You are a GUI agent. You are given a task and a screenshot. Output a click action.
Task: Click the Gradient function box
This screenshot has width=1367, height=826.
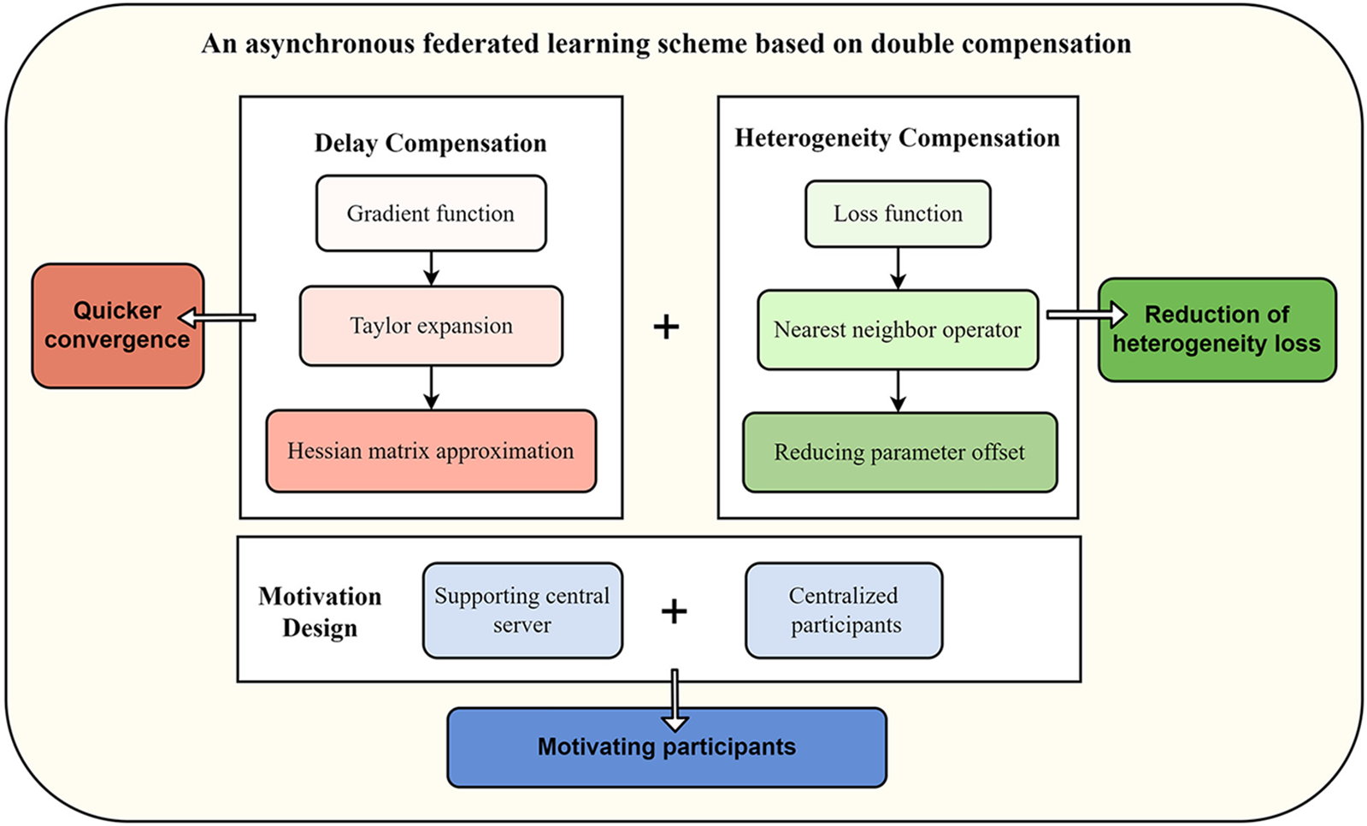pyautogui.click(x=431, y=214)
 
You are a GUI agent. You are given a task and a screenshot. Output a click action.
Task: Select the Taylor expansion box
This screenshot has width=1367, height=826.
pyautogui.click(x=431, y=326)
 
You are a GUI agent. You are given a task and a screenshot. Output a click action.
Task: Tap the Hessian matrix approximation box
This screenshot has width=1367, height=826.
pyautogui.click(x=431, y=451)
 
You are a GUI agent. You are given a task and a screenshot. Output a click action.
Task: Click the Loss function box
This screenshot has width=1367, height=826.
pyautogui.click(x=898, y=214)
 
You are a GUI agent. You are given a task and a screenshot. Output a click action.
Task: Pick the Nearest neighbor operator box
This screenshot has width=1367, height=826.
pyautogui.click(x=898, y=330)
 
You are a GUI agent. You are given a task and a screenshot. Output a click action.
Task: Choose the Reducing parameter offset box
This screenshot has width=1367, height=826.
pyautogui.click(x=899, y=452)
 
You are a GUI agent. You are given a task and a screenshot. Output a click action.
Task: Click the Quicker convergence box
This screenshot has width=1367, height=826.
pyautogui.click(x=117, y=325)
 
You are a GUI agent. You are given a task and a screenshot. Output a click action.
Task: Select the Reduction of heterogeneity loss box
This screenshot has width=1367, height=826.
pyautogui.click(x=1217, y=329)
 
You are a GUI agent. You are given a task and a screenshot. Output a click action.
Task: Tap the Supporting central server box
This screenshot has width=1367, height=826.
pyautogui.click(x=522, y=610)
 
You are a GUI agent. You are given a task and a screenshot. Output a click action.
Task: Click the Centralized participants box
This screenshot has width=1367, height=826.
pyautogui.click(x=844, y=610)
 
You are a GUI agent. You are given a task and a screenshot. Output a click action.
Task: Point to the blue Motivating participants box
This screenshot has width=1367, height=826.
pyautogui.click(x=667, y=747)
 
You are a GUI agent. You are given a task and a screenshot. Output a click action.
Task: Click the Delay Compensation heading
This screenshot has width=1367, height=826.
pyautogui.click(x=430, y=143)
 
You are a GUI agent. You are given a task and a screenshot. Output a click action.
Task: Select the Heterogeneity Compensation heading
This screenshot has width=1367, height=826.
pyautogui.click(x=897, y=138)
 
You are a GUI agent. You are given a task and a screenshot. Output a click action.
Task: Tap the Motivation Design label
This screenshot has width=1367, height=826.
pyautogui.click(x=320, y=611)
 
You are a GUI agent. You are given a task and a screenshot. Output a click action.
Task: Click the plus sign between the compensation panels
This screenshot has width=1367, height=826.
pyautogui.click(x=666, y=327)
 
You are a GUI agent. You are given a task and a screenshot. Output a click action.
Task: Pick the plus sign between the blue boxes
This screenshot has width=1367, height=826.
pyautogui.click(x=674, y=611)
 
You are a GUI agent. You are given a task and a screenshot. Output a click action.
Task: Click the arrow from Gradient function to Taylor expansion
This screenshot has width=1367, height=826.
pyautogui.click(x=431, y=268)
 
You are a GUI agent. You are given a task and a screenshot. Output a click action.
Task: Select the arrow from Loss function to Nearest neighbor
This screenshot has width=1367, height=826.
pyautogui.click(x=898, y=268)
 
